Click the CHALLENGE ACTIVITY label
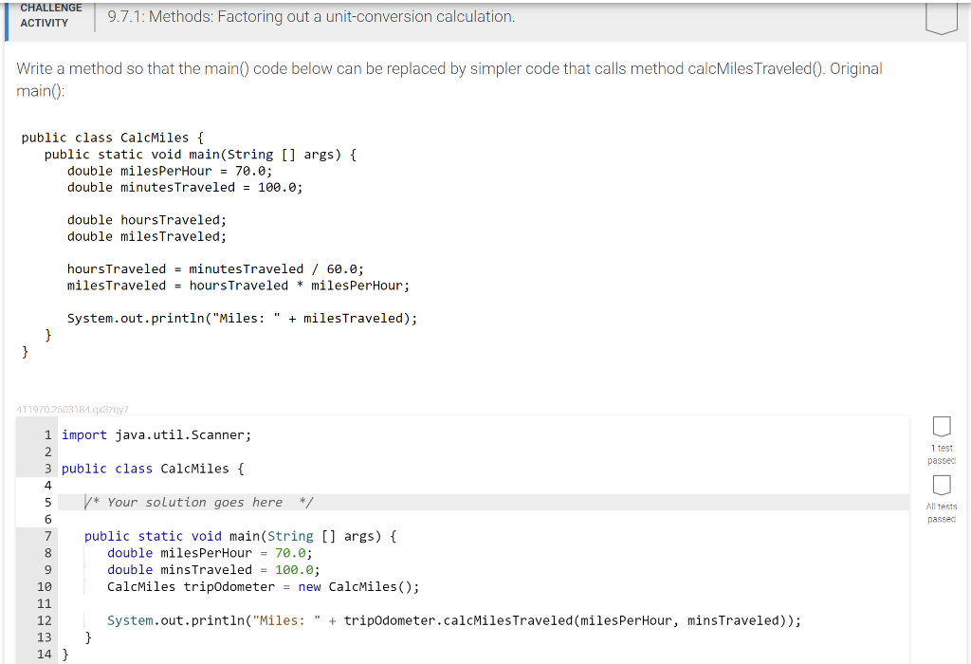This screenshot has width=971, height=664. pos(50,15)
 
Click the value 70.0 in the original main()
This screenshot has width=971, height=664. pos(253,171)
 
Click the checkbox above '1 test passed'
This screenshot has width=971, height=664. pos(941,427)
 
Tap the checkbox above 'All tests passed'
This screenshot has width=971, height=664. pos(941,486)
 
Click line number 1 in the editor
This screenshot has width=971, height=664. pos(47,435)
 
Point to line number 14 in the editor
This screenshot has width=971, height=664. pos(45,654)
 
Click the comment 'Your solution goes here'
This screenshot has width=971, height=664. pos(194,503)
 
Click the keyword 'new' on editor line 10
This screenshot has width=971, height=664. pos(309,587)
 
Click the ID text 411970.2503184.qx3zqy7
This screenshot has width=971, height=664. pos(72,410)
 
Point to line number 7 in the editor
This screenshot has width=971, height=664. pos(47,537)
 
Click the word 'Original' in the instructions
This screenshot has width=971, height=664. pos(855,68)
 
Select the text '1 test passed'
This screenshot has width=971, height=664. pos(941,454)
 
